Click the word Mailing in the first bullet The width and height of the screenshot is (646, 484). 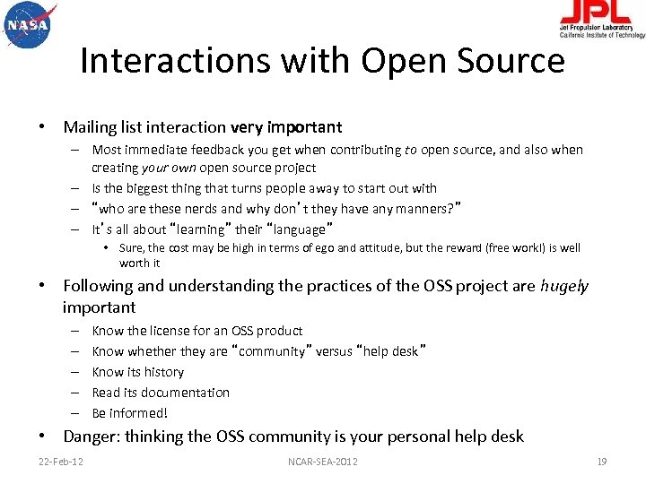coord(87,127)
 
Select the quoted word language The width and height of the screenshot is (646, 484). coord(297,229)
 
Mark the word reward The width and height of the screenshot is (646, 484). coord(480,248)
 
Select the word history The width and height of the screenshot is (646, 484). coord(164,372)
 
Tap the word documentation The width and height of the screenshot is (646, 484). coord(183,393)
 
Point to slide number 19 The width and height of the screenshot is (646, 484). coord(602,462)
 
